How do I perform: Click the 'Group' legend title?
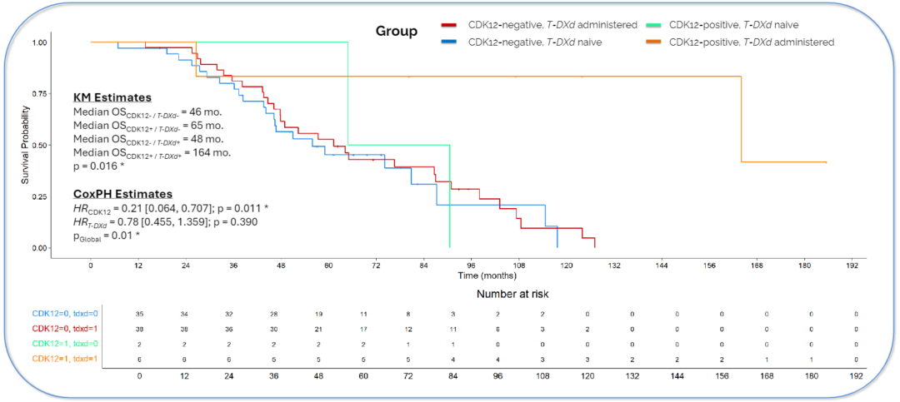(397, 32)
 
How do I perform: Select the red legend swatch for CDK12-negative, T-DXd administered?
(452, 25)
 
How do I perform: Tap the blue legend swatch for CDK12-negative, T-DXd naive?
(452, 42)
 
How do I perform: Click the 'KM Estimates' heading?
(112, 97)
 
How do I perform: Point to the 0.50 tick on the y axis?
(39, 145)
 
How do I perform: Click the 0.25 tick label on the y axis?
(39, 196)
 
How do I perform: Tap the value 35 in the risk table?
(139, 314)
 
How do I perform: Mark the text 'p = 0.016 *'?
(104, 166)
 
